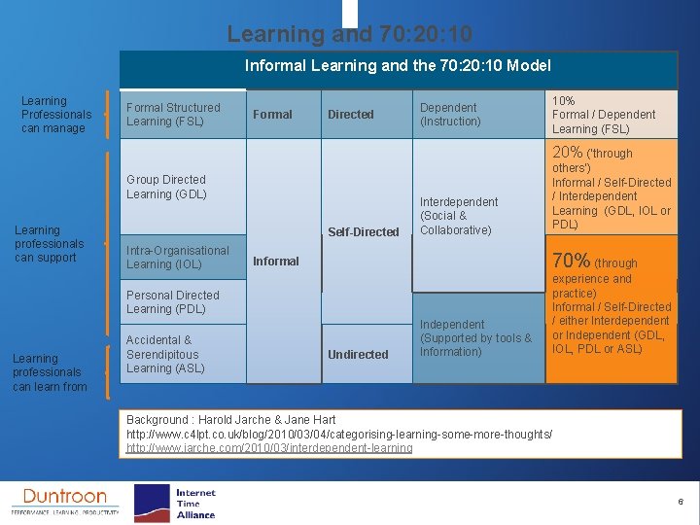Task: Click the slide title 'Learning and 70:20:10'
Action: [349, 34]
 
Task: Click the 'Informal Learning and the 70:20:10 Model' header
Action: [398, 66]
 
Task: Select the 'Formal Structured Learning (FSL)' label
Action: [173, 115]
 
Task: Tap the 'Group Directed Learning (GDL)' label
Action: [166, 187]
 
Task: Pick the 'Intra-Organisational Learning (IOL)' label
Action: [178, 258]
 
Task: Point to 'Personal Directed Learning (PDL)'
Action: [173, 302]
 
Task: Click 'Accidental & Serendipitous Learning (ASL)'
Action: [165, 354]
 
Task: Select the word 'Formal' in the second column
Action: [272, 115]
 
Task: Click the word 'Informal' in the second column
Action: [276, 261]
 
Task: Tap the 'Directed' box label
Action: [350, 115]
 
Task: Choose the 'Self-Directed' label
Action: [363, 231]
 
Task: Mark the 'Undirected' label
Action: [358, 355]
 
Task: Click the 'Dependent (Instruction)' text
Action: [450, 115]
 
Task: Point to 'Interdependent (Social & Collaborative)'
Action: [458, 216]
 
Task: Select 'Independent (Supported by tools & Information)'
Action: [475, 338]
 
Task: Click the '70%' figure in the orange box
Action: [570, 261]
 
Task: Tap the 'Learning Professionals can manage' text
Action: [55, 115]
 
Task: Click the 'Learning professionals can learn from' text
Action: [50, 372]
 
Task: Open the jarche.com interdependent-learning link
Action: [269, 448]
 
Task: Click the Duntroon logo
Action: [64, 500]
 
